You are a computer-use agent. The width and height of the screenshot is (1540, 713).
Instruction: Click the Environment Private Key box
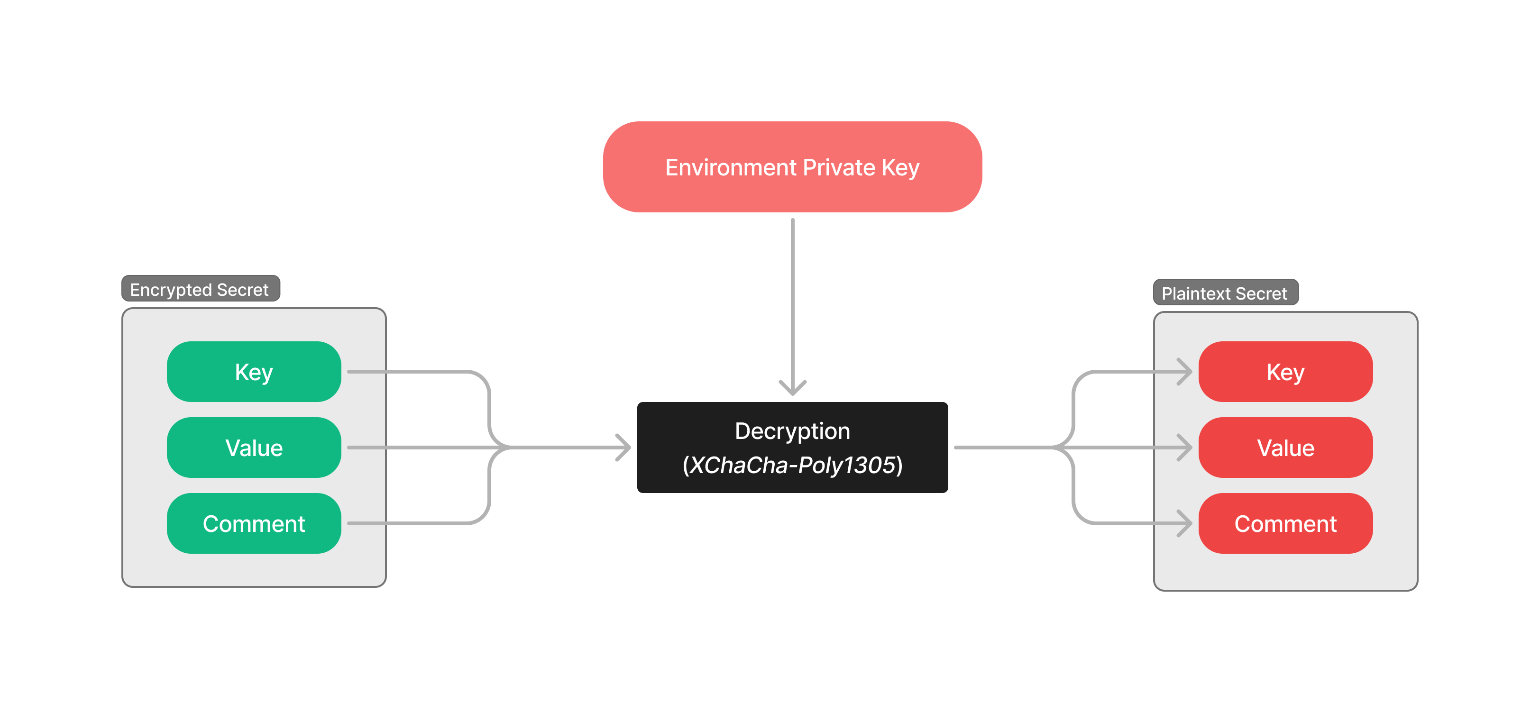pyautogui.click(x=792, y=167)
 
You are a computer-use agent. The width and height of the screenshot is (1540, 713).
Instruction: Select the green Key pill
pyautogui.click(x=254, y=372)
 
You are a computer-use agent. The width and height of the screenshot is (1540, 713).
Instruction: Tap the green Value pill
pyautogui.click(x=254, y=448)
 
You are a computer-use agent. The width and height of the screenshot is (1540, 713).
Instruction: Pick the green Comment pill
pyautogui.click(x=254, y=523)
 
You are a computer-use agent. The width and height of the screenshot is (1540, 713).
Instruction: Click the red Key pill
pyautogui.click(x=1285, y=372)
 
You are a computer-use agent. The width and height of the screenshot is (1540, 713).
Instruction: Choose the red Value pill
pyautogui.click(x=1285, y=448)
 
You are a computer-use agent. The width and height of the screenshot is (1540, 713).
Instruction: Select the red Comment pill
pyautogui.click(x=1285, y=523)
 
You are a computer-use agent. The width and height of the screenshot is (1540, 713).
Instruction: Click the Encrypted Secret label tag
pyautogui.click(x=200, y=289)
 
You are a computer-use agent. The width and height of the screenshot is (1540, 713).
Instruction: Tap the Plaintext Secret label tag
pyautogui.click(x=1225, y=293)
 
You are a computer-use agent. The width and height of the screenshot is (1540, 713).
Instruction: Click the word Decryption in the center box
pyautogui.click(x=792, y=431)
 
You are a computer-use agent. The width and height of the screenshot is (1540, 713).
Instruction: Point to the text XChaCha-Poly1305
pyautogui.click(x=792, y=465)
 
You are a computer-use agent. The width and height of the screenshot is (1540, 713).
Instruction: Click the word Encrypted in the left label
pyautogui.click(x=171, y=290)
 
